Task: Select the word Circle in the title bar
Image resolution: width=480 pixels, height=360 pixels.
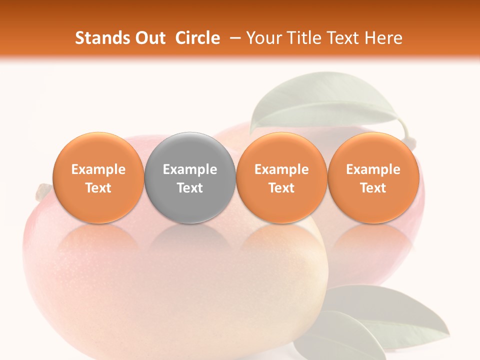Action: [197, 38]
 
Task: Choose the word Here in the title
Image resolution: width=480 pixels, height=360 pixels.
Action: [384, 38]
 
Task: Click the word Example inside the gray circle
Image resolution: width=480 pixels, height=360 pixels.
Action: [190, 169]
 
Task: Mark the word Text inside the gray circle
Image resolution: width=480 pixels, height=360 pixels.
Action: [190, 188]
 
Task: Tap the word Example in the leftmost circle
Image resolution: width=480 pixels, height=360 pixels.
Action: [98, 169]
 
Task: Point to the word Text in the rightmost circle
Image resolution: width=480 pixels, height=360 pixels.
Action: [373, 188]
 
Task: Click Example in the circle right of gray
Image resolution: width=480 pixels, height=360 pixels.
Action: [281, 169]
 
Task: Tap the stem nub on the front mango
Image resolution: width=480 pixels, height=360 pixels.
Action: [43, 190]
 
